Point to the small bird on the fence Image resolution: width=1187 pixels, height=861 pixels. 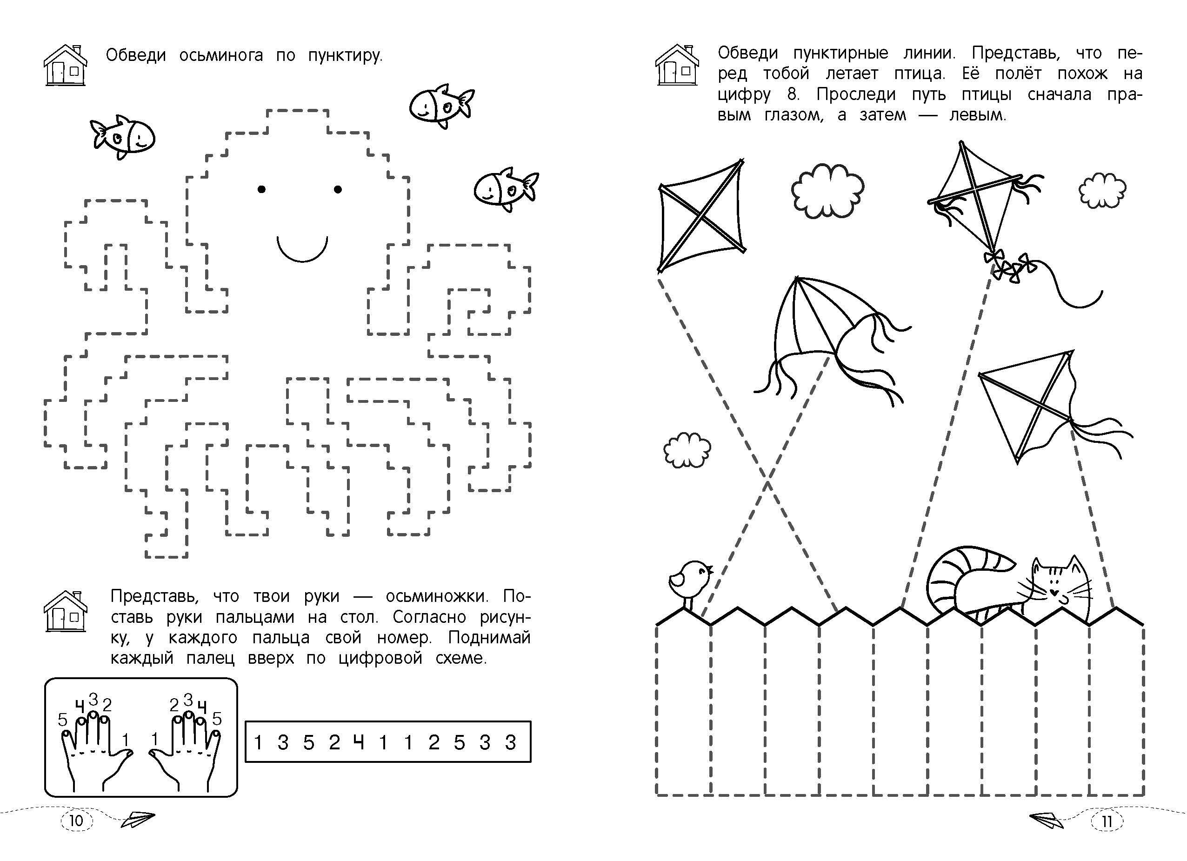pos(689,583)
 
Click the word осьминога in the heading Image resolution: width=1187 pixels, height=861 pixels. pos(221,55)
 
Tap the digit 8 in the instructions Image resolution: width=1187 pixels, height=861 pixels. pos(793,95)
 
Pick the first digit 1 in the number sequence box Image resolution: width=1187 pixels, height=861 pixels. pos(258,742)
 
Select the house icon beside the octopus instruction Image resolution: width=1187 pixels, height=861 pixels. pos(65,65)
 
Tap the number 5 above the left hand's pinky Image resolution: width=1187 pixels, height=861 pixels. pos(63,720)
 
